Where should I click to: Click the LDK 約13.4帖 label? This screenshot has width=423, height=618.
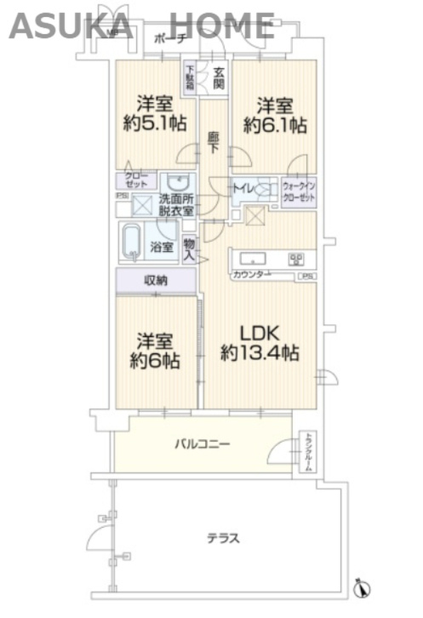point(260,342)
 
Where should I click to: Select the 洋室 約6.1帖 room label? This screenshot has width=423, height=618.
point(274,115)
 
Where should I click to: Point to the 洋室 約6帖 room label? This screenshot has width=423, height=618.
point(154,350)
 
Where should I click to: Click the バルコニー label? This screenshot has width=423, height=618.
point(202,443)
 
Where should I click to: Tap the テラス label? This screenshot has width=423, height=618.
point(222,538)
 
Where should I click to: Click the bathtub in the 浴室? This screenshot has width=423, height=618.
point(132,243)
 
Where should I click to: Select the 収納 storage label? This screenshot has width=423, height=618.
point(154,281)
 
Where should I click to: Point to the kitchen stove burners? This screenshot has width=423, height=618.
point(296,259)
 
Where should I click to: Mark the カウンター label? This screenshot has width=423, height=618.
point(250,275)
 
